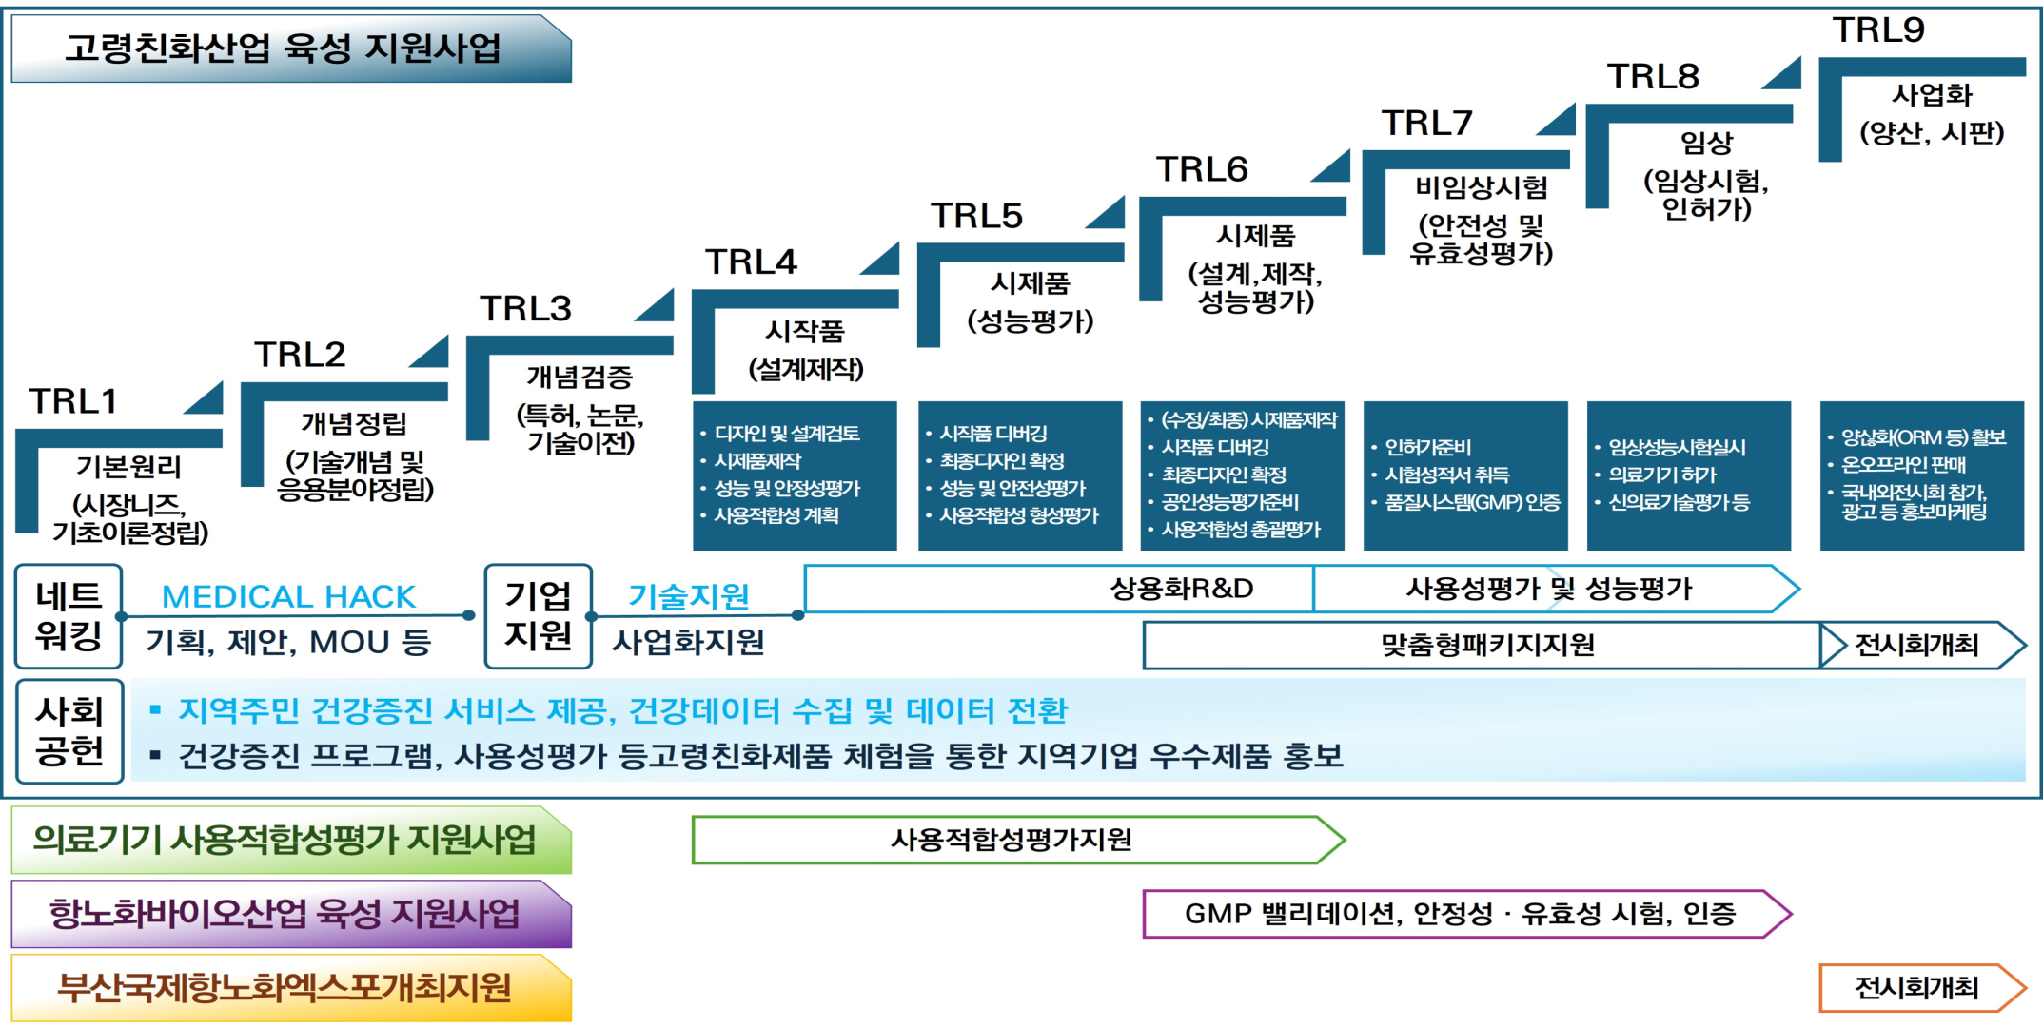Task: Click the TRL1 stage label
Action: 72,401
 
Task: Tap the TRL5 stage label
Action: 976,216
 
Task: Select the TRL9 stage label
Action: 1878,30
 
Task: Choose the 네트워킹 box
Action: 69,616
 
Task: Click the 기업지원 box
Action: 538,616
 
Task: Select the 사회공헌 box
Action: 69,731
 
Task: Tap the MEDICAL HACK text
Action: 288,596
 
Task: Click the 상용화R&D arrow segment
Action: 1180,589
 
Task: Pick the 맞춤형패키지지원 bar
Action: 1486,646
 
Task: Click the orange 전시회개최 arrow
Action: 1917,988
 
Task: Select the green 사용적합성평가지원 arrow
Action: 1011,840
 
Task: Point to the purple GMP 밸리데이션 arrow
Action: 1461,914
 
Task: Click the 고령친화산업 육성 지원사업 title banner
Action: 285,48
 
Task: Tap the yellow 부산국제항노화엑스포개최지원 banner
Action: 285,988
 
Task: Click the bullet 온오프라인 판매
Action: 1903,465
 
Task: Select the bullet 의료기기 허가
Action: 1662,475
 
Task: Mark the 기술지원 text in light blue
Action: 689,596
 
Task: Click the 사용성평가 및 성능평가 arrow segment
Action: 1549,589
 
